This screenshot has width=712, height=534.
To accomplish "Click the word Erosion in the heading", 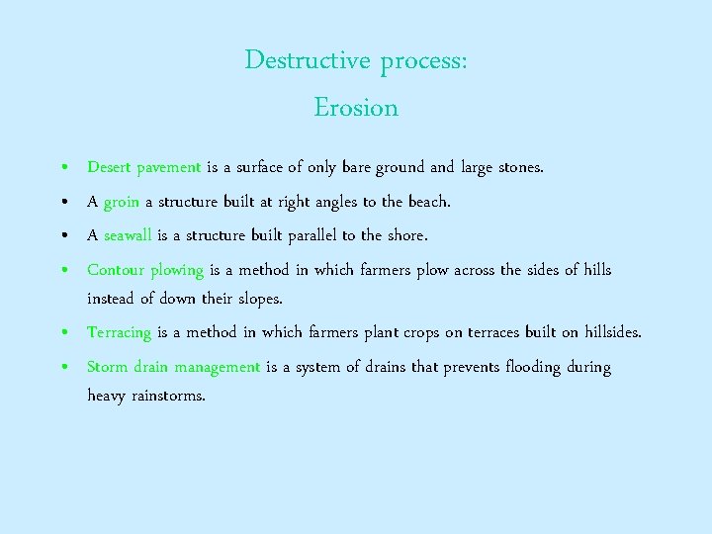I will [x=356, y=108].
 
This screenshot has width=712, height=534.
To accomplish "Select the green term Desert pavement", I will [x=144, y=167].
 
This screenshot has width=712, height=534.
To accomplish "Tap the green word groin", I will [x=121, y=202].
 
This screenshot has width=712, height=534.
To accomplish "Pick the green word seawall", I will [x=127, y=235].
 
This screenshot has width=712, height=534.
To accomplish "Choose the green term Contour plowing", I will [x=145, y=270].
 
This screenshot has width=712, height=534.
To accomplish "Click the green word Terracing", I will [x=119, y=332].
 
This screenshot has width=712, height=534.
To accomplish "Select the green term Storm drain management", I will [x=173, y=367].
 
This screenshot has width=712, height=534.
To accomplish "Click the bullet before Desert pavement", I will [x=63, y=168].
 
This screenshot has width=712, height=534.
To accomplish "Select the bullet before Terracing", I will [x=63, y=333].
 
